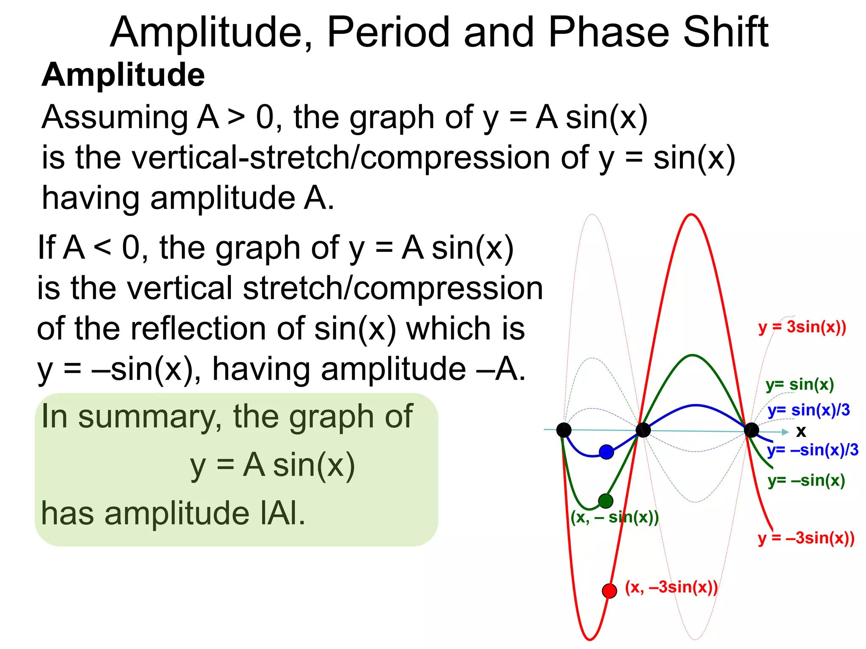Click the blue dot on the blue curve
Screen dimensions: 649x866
point(606,452)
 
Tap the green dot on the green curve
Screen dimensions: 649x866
point(606,501)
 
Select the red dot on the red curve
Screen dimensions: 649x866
point(609,590)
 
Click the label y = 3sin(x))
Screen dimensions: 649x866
point(802,327)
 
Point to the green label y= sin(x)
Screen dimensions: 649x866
point(800,384)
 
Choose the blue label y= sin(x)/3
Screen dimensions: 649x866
point(808,410)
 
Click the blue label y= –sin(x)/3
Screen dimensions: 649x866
point(813,450)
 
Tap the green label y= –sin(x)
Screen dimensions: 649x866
point(806,480)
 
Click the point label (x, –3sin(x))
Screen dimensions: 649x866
point(671,587)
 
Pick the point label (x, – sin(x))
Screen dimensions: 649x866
point(614,517)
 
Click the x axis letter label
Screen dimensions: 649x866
point(801,431)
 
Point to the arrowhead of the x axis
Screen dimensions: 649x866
point(785,432)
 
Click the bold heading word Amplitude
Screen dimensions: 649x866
point(123,75)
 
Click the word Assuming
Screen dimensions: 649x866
point(115,117)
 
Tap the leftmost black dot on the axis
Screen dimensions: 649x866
point(564,430)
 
